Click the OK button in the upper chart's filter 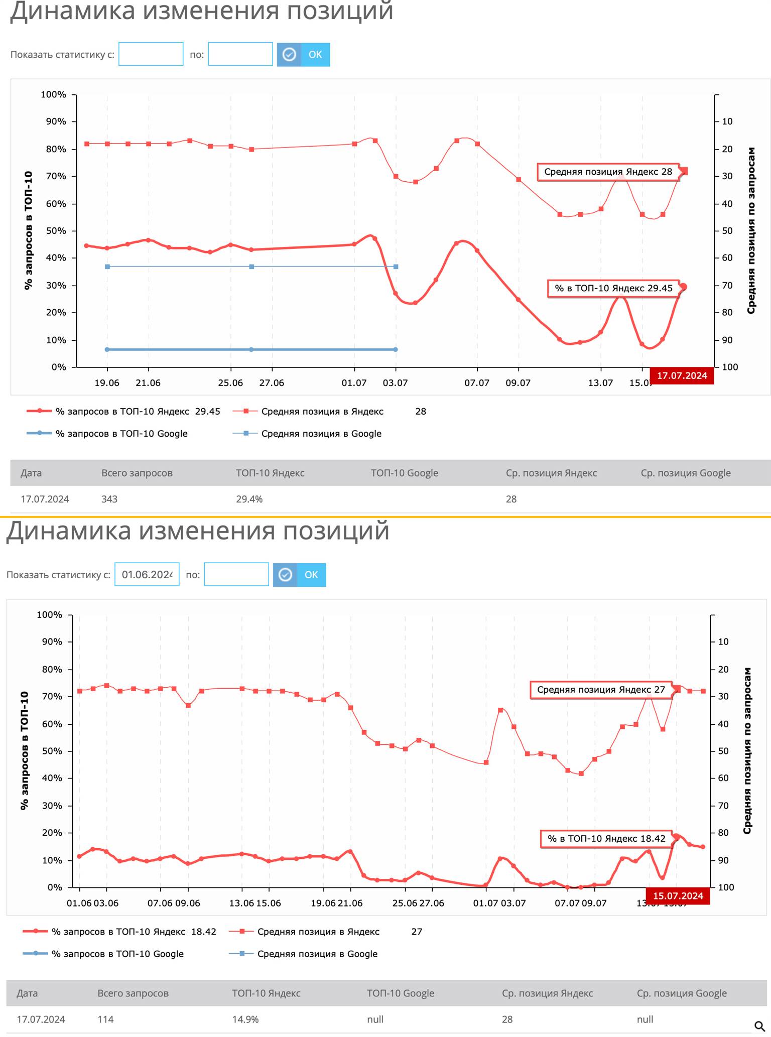tap(303, 54)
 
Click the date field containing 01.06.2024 tap(147, 574)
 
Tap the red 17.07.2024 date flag tap(682, 375)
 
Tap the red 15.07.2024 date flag tap(678, 896)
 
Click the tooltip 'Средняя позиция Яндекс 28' tap(608, 172)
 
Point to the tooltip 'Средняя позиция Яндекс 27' tap(601, 690)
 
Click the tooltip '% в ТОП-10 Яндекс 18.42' tap(606, 838)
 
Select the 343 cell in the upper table tap(109, 499)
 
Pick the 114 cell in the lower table tap(105, 1019)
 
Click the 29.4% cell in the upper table tap(249, 499)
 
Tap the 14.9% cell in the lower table tap(245, 1019)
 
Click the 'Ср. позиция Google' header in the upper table tap(685, 473)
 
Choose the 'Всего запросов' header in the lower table tap(133, 993)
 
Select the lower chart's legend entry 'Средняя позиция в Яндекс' tap(318, 932)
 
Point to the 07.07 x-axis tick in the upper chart tap(476, 383)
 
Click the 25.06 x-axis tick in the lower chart tap(405, 903)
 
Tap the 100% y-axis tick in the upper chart tap(53, 94)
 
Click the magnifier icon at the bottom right tap(759, 1026)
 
